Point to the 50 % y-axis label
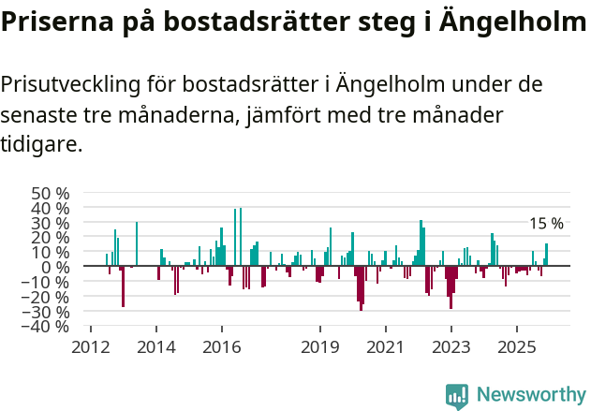click(51, 194)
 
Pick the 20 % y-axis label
click(51, 238)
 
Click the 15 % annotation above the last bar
click(546, 224)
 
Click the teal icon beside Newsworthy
click(457, 396)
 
